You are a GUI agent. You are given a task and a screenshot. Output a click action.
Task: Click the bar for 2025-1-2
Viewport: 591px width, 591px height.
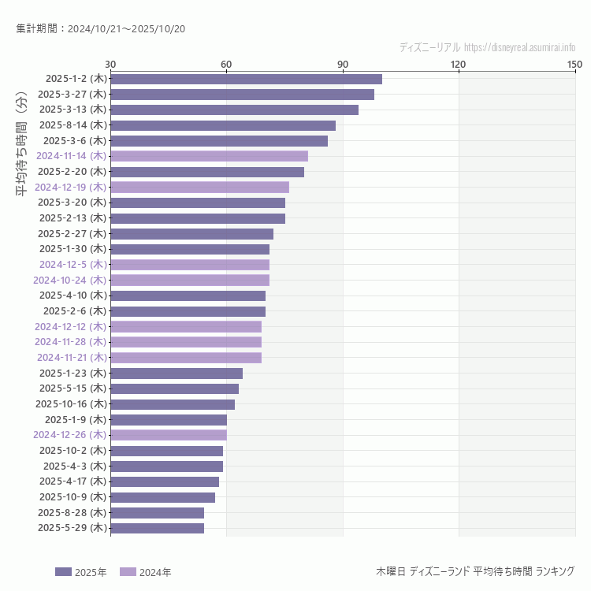(x=246, y=79)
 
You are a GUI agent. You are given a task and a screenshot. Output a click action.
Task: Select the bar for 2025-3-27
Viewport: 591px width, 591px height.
(x=242, y=95)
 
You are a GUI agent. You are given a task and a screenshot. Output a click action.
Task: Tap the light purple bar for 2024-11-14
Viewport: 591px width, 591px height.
(x=209, y=156)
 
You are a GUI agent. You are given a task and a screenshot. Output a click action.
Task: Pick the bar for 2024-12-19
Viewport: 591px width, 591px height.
(x=199, y=187)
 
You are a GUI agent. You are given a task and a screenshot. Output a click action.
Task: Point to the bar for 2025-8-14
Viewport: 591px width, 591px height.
(x=223, y=125)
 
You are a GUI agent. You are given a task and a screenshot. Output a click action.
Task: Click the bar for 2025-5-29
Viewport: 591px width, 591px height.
(x=157, y=528)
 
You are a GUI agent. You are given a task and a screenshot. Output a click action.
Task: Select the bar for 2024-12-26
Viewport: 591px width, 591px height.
(x=169, y=435)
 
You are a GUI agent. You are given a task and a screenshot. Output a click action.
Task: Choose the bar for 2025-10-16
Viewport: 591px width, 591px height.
(x=173, y=404)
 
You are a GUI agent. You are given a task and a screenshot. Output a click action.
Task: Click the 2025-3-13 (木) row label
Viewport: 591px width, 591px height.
(x=72, y=110)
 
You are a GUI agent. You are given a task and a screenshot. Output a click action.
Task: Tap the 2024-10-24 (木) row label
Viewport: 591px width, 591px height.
(x=69, y=280)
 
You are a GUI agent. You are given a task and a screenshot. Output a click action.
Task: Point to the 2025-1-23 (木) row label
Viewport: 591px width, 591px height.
(x=72, y=373)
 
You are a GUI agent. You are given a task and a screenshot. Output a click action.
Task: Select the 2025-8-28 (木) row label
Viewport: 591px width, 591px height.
(x=72, y=512)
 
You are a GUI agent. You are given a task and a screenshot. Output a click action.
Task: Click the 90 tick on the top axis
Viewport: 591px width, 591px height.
(x=342, y=64)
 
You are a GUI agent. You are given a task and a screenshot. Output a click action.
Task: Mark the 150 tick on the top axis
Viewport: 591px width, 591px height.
(x=574, y=64)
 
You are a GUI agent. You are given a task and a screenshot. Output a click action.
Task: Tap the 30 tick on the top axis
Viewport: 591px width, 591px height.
(x=110, y=64)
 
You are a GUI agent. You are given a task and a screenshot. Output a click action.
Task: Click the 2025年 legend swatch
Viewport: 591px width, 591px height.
(x=63, y=572)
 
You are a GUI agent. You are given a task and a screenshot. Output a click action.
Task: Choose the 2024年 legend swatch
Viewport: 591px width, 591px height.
(x=128, y=572)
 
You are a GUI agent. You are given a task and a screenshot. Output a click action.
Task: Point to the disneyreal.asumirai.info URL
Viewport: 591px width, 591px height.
(x=519, y=47)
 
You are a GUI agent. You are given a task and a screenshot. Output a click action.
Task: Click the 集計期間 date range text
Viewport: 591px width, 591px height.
(x=100, y=29)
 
